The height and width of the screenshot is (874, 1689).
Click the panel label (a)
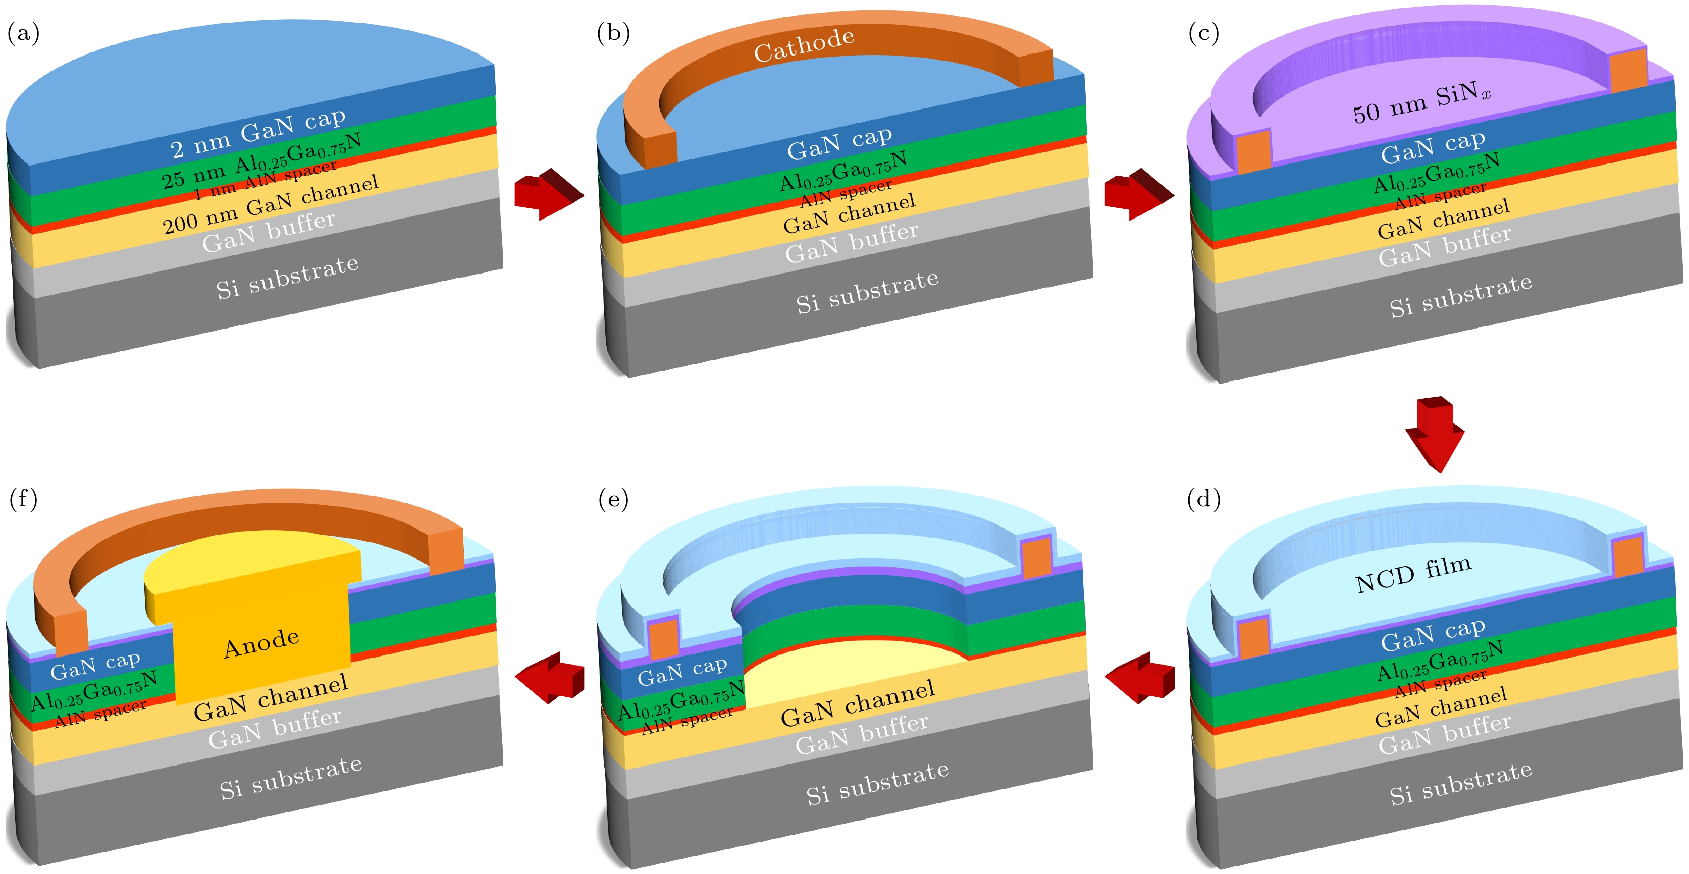point(24,33)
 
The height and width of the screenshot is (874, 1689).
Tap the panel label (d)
point(1204,500)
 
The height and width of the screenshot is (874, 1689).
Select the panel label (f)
point(24,500)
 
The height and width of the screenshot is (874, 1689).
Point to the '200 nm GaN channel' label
point(270,204)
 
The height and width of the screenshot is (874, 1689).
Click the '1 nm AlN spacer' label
point(265,180)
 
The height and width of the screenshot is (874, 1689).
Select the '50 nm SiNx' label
point(1421,103)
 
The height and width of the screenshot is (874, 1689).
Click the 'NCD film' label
point(1413,574)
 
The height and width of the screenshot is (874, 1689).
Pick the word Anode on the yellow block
point(261,643)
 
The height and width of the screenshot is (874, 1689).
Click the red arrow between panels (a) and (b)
point(548,193)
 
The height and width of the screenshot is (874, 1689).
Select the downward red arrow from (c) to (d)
point(1435,433)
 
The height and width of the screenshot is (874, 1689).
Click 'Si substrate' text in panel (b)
point(867,292)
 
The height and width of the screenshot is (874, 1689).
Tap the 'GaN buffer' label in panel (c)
point(1445,246)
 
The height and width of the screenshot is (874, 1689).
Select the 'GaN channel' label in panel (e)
point(858,703)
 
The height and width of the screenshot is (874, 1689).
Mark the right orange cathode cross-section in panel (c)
point(1627,70)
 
